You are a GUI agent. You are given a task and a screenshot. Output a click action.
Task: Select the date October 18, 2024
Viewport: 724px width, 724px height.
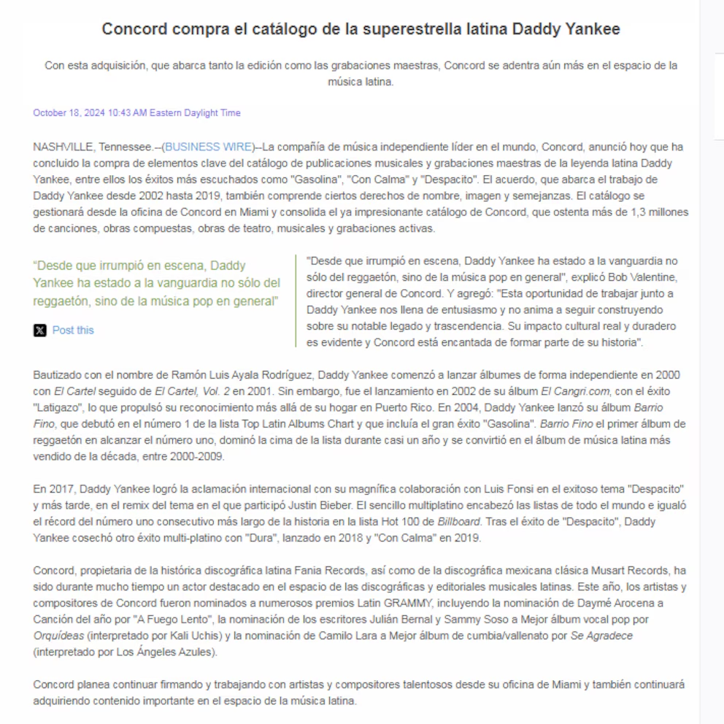69,113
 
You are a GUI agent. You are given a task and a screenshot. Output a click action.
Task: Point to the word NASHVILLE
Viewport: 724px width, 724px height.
63,147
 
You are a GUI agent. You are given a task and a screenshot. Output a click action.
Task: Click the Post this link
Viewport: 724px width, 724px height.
73,330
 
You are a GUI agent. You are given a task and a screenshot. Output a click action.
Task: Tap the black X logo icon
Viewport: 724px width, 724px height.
40,331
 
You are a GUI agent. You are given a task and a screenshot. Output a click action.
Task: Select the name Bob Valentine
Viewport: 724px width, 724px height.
644,277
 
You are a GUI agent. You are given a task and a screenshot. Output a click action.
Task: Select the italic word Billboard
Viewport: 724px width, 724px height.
458,521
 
